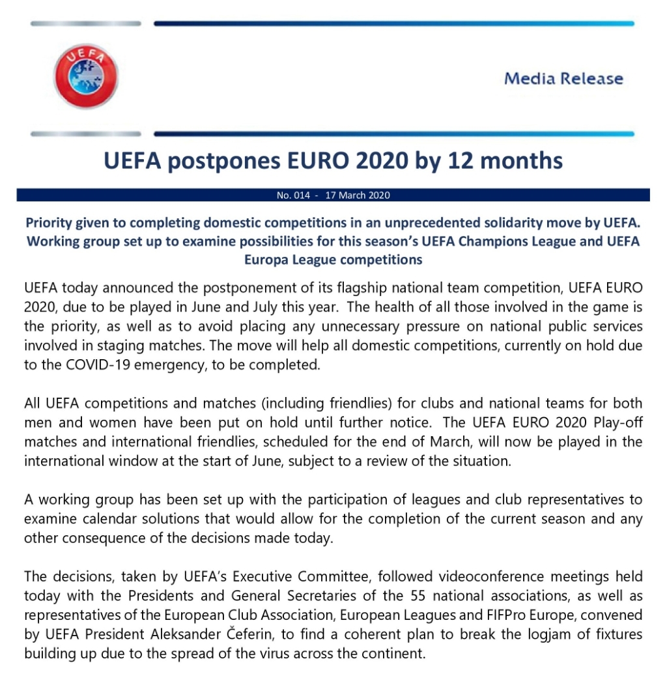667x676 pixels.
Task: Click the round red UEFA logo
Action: click(85, 76)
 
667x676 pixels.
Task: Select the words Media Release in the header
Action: click(563, 79)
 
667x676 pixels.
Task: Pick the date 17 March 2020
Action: click(358, 195)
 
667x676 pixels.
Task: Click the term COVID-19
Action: click(78, 365)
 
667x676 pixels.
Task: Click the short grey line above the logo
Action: click(85, 23)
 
